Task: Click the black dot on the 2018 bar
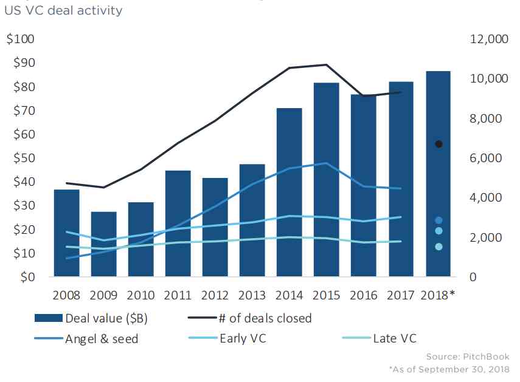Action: coord(439,144)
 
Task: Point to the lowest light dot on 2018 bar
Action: coord(439,247)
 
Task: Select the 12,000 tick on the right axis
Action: coord(488,39)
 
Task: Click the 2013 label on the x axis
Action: coord(252,296)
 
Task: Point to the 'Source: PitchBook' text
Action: coord(467,356)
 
